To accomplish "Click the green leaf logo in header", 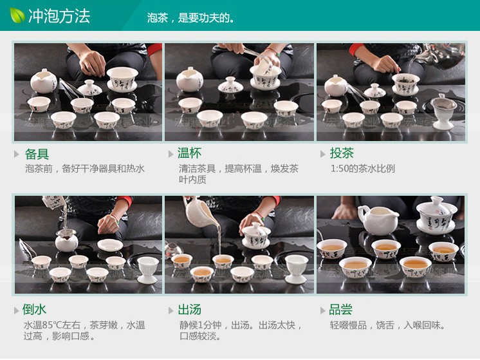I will pyautogui.click(x=17, y=14).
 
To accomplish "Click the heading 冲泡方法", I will pyautogui.click(x=59, y=15).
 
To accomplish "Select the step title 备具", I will pyautogui.click(x=37, y=154).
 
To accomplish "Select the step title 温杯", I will pyautogui.click(x=189, y=153).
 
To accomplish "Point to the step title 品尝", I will pyautogui.click(x=341, y=310).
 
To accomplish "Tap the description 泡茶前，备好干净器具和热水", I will pyautogui.click(x=84, y=169).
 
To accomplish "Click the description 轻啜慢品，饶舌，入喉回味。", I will pyautogui.click(x=388, y=325).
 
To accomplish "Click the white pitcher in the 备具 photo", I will pyautogui.click(x=43, y=82).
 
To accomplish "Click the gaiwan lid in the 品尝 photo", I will pyautogui.click(x=436, y=208).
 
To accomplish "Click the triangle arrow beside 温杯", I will pyautogui.click(x=170, y=154).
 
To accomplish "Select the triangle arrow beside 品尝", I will pyautogui.click(x=322, y=310).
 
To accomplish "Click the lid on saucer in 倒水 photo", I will pyautogui.click(x=110, y=245).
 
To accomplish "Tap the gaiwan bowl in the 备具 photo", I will pyautogui.click(x=122, y=79).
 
